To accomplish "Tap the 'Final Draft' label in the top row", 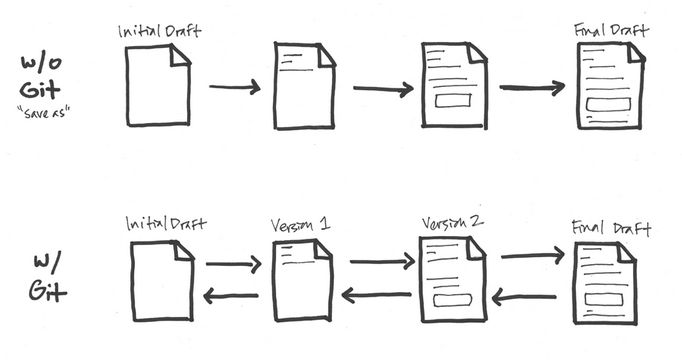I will [610, 30].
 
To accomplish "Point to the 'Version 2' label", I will [452, 221].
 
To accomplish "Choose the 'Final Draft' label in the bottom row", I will [610, 229].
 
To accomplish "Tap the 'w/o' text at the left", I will [45, 64].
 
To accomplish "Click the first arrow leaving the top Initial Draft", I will [235, 88].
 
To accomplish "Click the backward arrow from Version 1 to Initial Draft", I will [232, 294].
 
